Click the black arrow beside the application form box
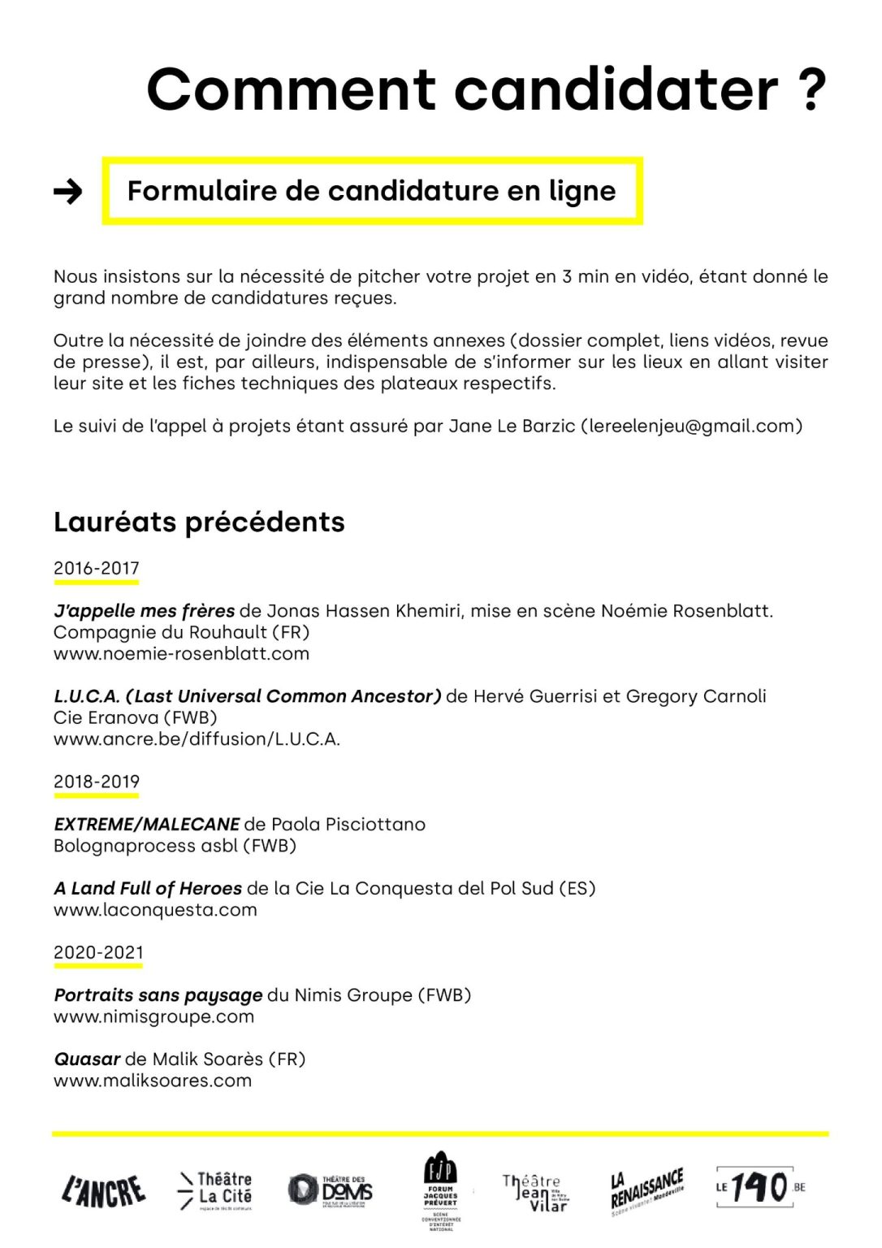tap(68, 192)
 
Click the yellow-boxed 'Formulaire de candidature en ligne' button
tap(372, 191)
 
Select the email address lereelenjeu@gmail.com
tap(691, 426)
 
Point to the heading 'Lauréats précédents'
tap(199, 522)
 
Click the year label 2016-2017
tap(97, 569)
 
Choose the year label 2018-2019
tap(97, 782)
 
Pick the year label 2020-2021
tap(98, 952)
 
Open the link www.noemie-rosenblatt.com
tap(181, 653)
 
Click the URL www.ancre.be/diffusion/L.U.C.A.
tap(197, 739)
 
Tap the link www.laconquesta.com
tap(155, 909)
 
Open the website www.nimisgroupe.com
tap(153, 1016)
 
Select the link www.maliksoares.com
tap(153, 1081)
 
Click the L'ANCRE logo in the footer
tap(104, 1190)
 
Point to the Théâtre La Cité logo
tap(215, 1190)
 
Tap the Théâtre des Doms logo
tap(331, 1190)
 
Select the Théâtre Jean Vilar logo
tap(535, 1192)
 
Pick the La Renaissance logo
tap(647, 1190)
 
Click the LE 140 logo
tap(759, 1188)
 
